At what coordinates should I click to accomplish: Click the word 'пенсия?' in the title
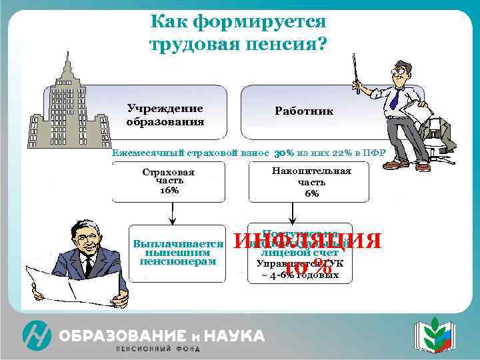[x=287, y=45]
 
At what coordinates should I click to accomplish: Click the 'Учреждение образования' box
[x=165, y=115]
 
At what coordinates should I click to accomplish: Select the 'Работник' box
[x=303, y=111]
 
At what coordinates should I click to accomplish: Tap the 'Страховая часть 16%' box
[x=168, y=181]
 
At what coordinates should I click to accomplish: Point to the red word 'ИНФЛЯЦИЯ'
[x=307, y=240]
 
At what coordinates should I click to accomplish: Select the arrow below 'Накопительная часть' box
[x=291, y=212]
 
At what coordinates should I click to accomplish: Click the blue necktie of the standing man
[x=395, y=99]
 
